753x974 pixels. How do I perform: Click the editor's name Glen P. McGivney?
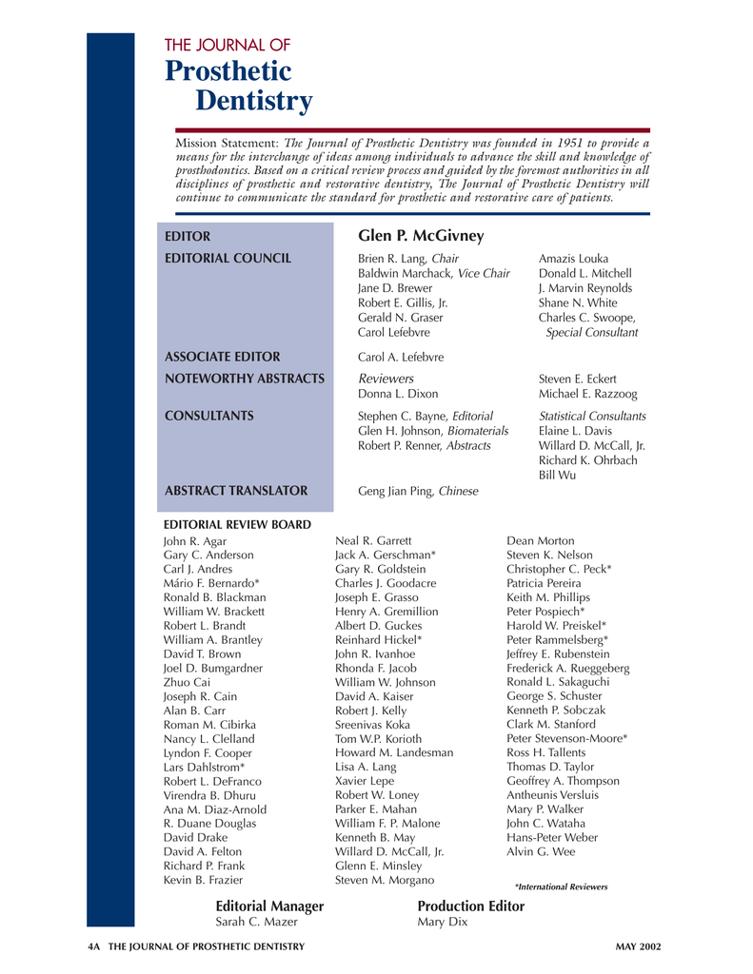pyautogui.click(x=421, y=236)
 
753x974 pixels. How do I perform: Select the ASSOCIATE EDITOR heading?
pyautogui.click(x=223, y=357)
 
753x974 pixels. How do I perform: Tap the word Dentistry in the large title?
pyautogui.click(x=253, y=101)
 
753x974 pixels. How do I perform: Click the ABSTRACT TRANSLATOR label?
pyautogui.click(x=236, y=491)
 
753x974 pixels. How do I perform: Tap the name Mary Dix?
pyautogui.click(x=443, y=922)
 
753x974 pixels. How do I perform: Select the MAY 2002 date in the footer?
pyautogui.click(x=638, y=946)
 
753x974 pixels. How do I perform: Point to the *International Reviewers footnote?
pyautogui.click(x=561, y=886)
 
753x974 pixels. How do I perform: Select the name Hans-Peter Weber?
pyautogui.click(x=552, y=837)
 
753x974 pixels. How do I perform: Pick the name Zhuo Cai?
pyautogui.click(x=188, y=682)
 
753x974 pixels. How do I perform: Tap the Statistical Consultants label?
pyautogui.click(x=592, y=417)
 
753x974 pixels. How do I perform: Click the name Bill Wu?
pyautogui.click(x=557, y=474)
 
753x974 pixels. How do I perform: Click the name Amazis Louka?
pyautogui.click(x=573, y=259)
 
